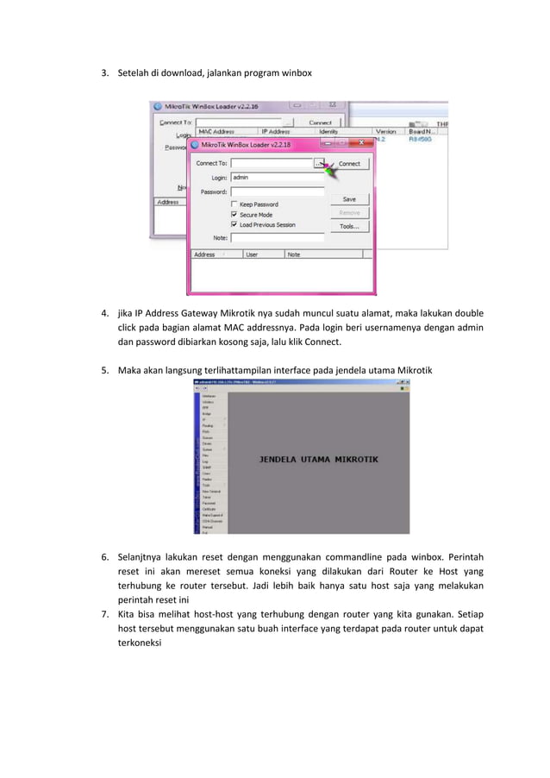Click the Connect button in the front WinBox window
click(x=349, y=163)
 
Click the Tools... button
click(x=349, y=227)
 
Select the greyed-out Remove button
click(x=349, y=212)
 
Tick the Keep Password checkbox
click(x=234, y=204)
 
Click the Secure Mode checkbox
click(x=234, y=215)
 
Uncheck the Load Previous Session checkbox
click(x=234, y=225)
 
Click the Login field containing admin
click(x=277, y=177)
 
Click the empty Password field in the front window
click(x=277, y=191)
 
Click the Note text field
click(x=277, y=237)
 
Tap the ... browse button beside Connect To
click(x=319, y=163)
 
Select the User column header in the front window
click(x=252, y=254)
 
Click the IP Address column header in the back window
click(x=276, y=132)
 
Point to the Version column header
click(x=386, y=132)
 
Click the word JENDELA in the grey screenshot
click(x=283, y=460)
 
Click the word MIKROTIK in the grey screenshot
click(x=366, y=460)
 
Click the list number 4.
click(x=104, y=313)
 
